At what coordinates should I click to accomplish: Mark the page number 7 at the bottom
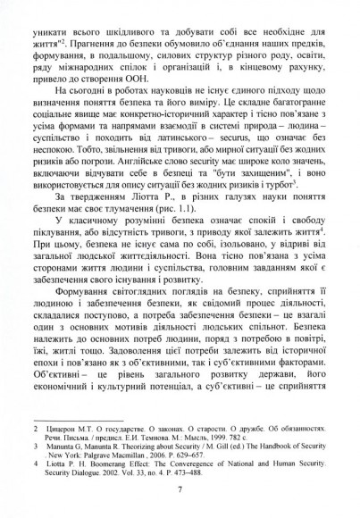(x=180, y=500)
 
